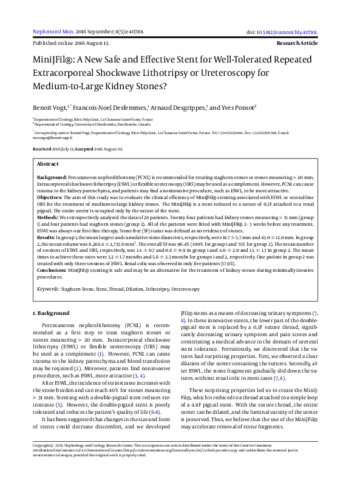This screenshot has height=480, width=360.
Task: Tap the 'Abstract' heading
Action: tap(48, 164)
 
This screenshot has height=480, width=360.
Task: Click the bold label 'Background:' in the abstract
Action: tap(52, 175)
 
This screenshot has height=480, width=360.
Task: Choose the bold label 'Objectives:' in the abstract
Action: tap(50, 198)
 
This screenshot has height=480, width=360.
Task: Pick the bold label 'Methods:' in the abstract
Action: tap(48, 217)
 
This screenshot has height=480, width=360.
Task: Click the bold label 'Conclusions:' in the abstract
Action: tap(52, 270)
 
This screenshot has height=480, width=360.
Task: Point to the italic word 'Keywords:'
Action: tap(48, 289)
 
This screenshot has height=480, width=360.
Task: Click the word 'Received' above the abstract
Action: tap(42, 149)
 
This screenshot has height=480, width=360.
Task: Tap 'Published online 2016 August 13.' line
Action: tap(70, 44)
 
